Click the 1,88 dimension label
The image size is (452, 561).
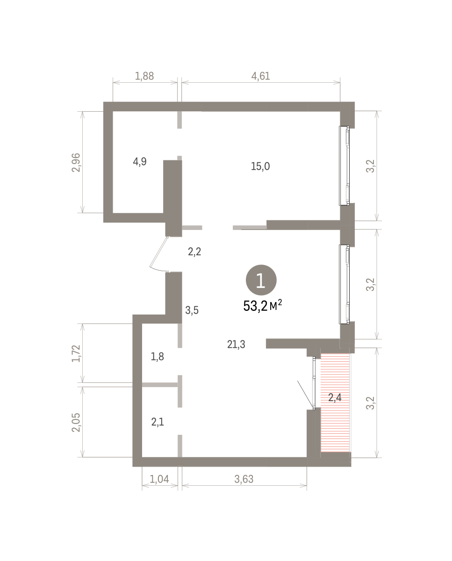pyautogui.click(x=144, y=76)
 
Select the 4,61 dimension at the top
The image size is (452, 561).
pyautogui.click(x=261, y=76)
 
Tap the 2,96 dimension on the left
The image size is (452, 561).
pyautogui.click(x=76, y=162)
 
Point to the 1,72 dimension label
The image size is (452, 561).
pyautogui.click(x=76, y=353)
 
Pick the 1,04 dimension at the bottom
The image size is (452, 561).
pyautogui.click(x=159, y=479)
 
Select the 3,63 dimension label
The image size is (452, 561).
pyautogui.click(x=244, y=479)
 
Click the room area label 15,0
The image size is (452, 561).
pyautogui.click(x=260, y=166)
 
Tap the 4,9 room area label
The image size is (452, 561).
pyautogui.click(x=140, y=162)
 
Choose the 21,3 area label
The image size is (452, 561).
pyautogui.click(x=236, y=345)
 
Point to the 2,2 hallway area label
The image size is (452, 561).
pyautogui.click(x=194, y=252)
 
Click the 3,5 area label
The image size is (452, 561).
pyautogui.click(x=192, y=310)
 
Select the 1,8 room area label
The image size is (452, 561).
pyautogui.click(x=158, y=357)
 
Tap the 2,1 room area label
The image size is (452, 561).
pyautogui.click(x=158, y=422)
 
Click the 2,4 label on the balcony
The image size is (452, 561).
pyautogui.click(x=335, y=397)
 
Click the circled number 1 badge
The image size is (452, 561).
pyautogui.click(x=261, y=280)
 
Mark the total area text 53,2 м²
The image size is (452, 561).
pyautogui.click(x=263, y=306)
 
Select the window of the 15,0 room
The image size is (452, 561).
pyautogui.click(x=344, y=166)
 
